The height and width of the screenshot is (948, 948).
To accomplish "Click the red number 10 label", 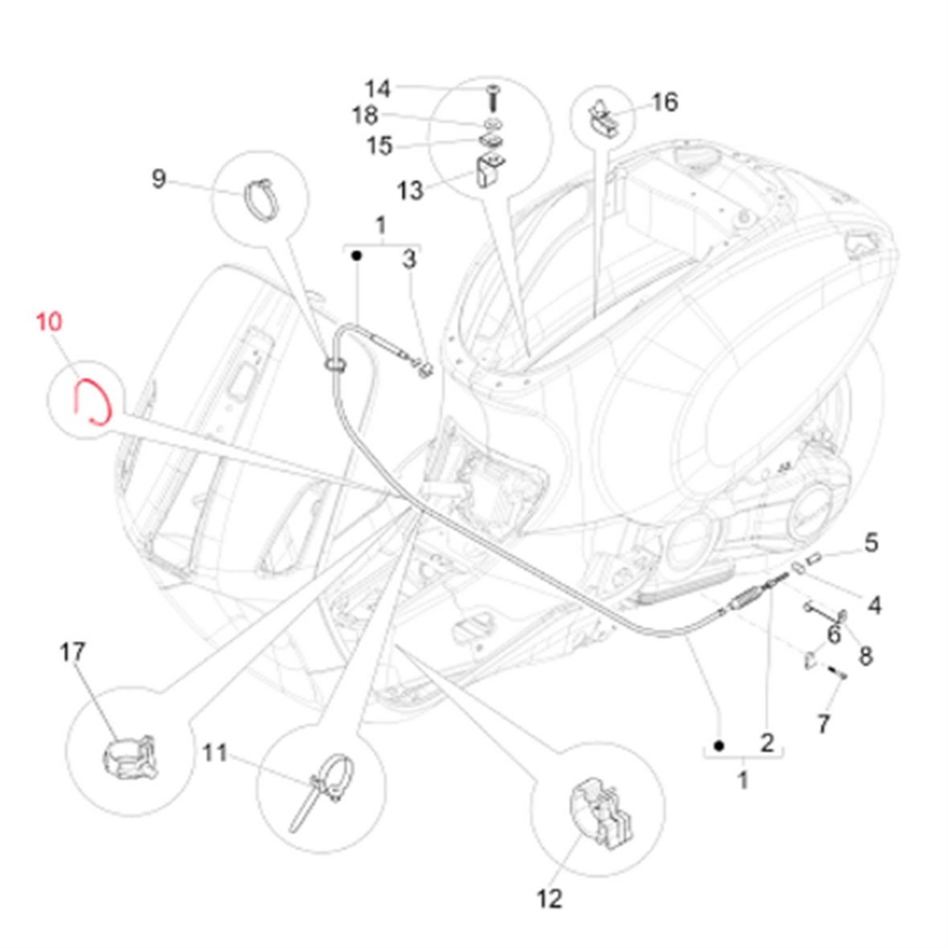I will coord(48,323).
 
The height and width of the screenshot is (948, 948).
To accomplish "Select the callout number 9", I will coord(159,178).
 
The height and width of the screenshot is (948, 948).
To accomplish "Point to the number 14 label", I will coord(378,88).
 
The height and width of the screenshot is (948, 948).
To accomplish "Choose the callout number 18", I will coord(365,116).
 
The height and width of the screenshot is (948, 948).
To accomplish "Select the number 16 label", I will coord(664,102).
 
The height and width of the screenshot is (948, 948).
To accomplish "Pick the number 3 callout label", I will coord(410,259).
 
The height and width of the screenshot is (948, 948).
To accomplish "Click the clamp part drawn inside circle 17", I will coord(128,755).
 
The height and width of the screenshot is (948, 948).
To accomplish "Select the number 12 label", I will coord(550,898).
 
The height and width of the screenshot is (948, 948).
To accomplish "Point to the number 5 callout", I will coord(871,543).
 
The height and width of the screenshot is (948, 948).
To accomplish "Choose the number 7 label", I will coord(823,724).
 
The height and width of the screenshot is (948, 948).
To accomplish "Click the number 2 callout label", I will coord(766,742).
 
